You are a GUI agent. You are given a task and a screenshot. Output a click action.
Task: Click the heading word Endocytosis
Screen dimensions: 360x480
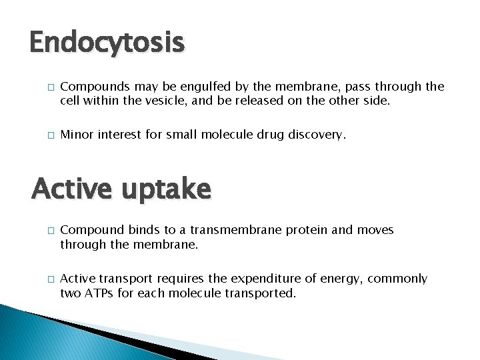coord(107,43)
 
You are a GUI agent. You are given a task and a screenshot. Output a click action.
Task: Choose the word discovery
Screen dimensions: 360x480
coord(317,135)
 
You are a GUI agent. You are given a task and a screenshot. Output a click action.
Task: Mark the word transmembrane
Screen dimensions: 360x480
coord(237,231)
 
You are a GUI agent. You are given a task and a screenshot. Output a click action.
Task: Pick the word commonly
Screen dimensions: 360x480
coord(402,279)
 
